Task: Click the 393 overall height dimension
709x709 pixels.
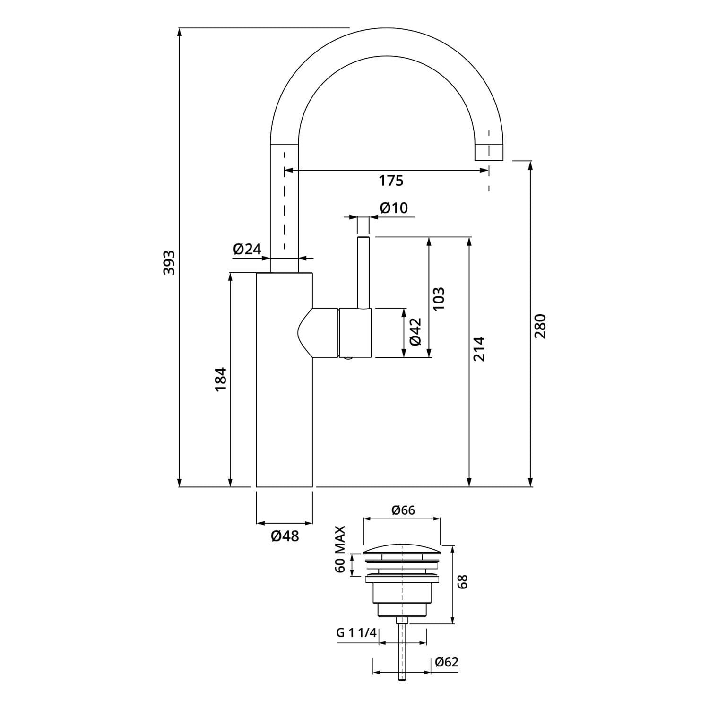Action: pyautogui.click(x=169, y=262)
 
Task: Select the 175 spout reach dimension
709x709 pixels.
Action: pyautogui.click(x=391, y=181)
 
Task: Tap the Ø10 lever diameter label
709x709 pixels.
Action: pyautogui.click(x=393, y=208)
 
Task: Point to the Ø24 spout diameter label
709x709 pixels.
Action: pyautogui.click(x=247, y=249)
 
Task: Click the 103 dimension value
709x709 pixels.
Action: pyautogui.click(x=439, y=299)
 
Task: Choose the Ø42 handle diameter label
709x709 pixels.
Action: pyautogui.click(x=415, y=331)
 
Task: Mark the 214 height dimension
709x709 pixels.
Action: pyautogui.click(x=479, y=349)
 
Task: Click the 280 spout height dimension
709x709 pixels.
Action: pyautogui.click(x=540, y=326)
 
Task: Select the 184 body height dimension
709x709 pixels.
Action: pyautogui.click(x=221, y=379)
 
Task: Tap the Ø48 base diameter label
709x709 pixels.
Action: pyautogui.click(x=285, y=536)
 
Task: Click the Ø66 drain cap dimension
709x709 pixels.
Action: pyautogui.click(x=403, y=510)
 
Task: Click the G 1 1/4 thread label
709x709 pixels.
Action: pyautogui.click(x=356, y=633)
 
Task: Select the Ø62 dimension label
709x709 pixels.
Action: pyautogui.click(x=447, y=662)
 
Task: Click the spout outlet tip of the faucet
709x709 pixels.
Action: pyautogui.click(x=489, y=152)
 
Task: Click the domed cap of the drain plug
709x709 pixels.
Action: pyautogui.click(x=402, y=551)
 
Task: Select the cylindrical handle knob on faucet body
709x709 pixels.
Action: pyautogui.click(x=355, y=332)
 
